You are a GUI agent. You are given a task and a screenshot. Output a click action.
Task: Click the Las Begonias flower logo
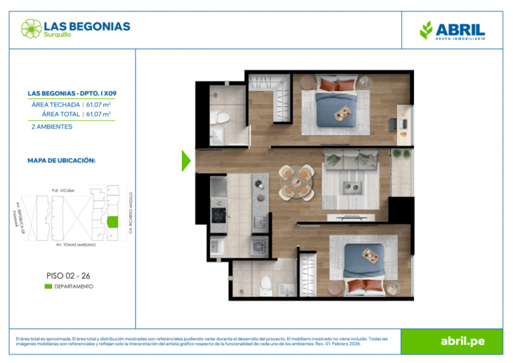[31, 28]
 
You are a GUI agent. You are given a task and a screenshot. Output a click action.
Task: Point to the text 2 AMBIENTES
[52, 127]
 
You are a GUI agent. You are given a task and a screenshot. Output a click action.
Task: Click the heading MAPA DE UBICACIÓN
[61, 160]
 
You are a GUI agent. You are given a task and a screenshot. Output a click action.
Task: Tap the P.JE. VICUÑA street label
[63, 189]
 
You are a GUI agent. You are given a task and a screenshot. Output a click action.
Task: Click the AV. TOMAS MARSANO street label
[76, 246]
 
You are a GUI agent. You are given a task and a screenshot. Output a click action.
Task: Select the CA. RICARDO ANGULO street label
[131, 212]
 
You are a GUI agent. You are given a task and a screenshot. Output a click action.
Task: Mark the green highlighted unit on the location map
[112, 223]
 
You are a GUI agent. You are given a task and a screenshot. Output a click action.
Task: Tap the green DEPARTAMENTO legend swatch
[48, 286]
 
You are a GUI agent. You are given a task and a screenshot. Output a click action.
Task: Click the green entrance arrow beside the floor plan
[186, 160]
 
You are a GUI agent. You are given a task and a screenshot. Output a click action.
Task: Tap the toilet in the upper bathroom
[219, 117]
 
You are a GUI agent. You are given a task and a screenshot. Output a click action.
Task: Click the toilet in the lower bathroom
[266, 284]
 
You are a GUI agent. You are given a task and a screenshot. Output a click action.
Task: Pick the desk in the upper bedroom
[403, 119]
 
